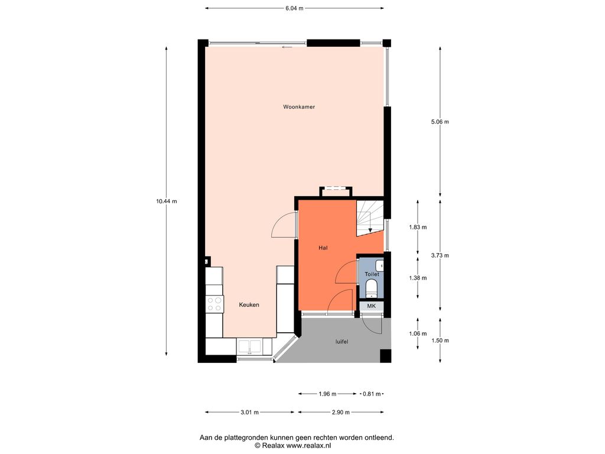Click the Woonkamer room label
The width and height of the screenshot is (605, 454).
[x=299, y=107]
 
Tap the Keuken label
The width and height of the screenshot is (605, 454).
[x=249, y=304]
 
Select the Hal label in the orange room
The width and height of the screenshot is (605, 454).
[x=323, y=248]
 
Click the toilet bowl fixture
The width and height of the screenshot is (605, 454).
[x=371, y=288]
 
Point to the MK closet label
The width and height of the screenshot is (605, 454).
[x=371, y=306]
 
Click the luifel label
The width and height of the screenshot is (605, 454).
[x=342, y=342]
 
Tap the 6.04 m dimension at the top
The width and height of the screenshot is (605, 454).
[x=294, y=8]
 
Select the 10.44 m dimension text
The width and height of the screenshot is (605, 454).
[x=167, y=201]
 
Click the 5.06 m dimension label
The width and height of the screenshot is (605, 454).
[x=440, y=122]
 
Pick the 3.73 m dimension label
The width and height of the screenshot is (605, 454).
[x=440, y=255]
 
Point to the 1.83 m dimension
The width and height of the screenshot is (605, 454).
[x=418, y=228]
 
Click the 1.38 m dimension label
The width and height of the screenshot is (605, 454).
[x=418, y=278]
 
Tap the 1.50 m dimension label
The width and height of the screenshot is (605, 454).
[x=440, y=340]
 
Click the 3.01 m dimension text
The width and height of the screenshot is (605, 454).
[x=249, y=412]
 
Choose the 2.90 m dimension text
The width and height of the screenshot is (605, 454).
[x=341, y=412]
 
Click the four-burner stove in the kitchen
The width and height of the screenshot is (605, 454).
[x=214, y=304]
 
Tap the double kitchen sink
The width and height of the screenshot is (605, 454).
[x=249, y=346]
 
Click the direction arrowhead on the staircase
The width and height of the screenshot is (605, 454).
[x=370, y=231]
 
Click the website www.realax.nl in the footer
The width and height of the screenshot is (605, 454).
[x=308, y=446]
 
